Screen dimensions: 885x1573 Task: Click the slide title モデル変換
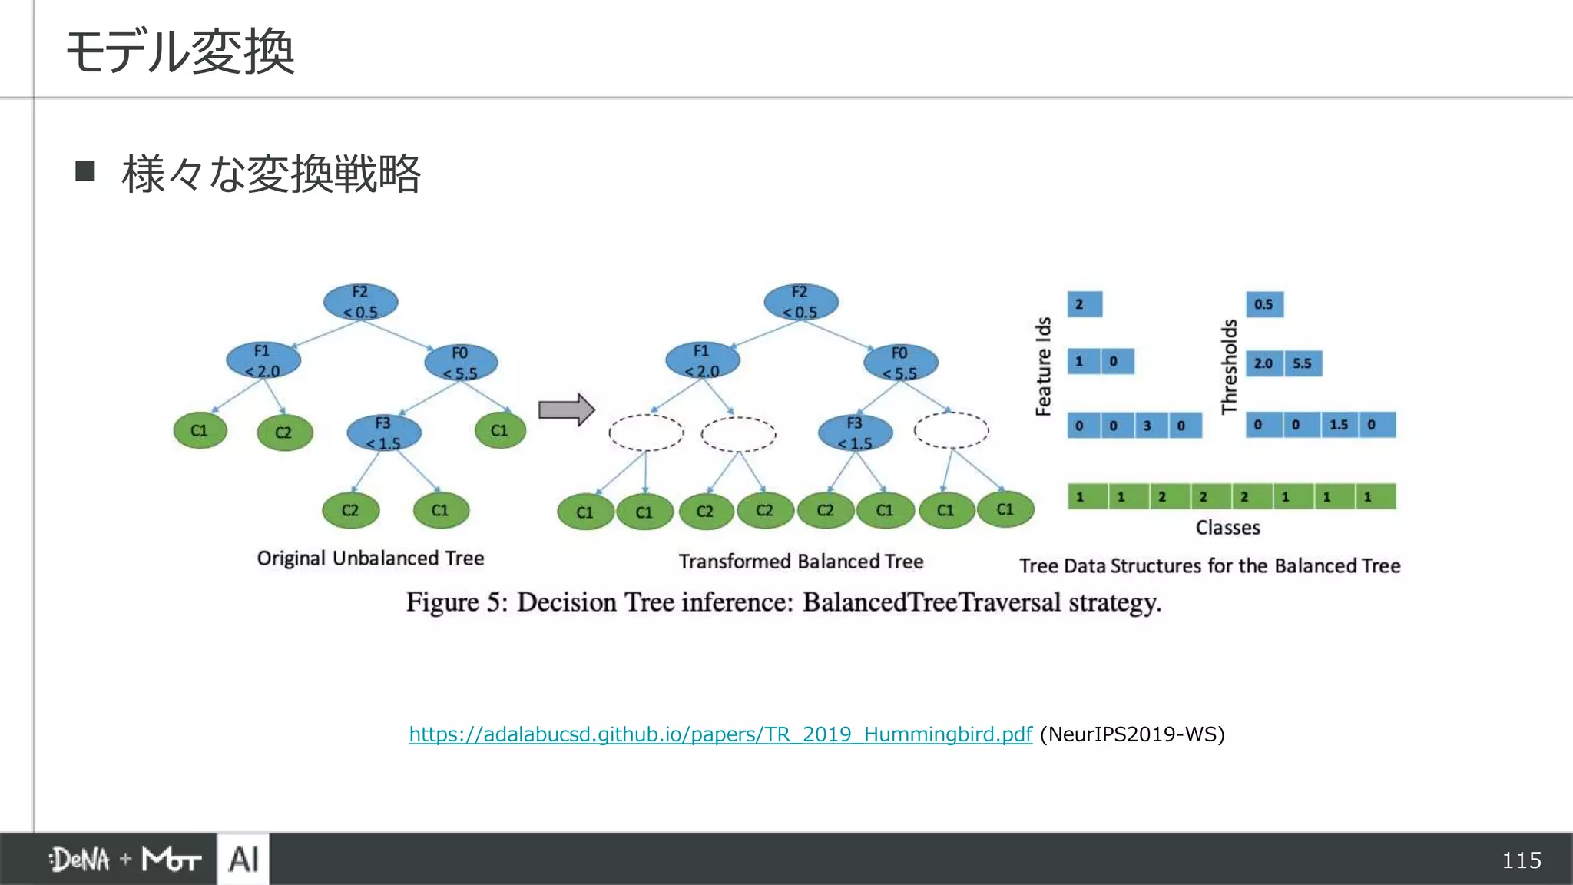[x=180, y=51]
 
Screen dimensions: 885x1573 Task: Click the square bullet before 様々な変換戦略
[x=85, y=171]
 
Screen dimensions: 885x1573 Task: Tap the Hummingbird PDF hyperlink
[x=720, y=734]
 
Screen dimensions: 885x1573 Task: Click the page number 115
[x=1521, y=860]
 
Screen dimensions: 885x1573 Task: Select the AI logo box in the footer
[x=243, y=859]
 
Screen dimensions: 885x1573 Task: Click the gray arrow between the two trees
[x=566, y=409]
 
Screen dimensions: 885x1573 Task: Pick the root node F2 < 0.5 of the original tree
[x=360, y=302]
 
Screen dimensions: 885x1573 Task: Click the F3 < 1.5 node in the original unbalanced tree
[x=383, y=433]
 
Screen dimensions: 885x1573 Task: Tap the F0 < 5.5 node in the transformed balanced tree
[x=900, y=363]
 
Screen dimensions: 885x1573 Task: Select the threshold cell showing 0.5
[x=1264, y=304]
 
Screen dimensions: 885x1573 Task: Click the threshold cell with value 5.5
[x=1303, y=363]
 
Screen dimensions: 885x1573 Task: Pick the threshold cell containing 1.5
[x=1339, y=425]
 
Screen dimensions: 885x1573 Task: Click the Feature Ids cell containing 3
[x=1147, y=426]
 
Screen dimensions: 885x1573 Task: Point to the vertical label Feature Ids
[x=1043, y=366]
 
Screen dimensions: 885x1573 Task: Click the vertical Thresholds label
[x=1229, y=366]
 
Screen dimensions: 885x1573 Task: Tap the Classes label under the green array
[x=1227, y=528]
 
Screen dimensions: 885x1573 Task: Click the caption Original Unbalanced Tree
[x=370, y=559]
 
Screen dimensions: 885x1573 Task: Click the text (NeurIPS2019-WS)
[x=1132, y=734]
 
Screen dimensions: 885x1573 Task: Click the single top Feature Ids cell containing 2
[x=1085, y=304]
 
